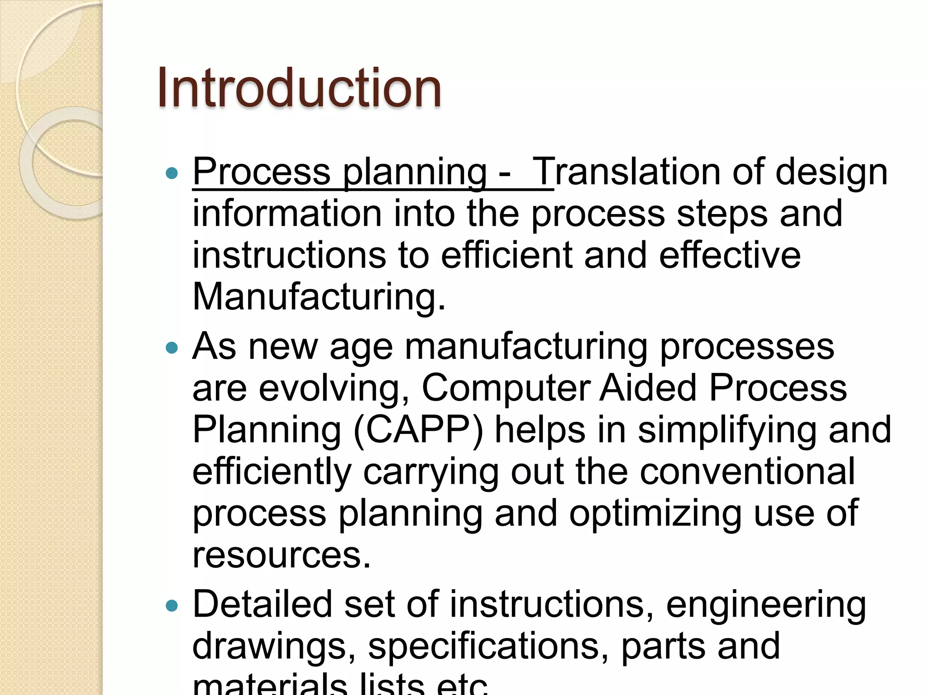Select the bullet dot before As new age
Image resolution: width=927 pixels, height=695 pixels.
tap(172, 347)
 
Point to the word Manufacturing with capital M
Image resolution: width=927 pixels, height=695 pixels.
tap(319, 297)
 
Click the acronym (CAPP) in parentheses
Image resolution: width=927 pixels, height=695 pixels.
tap(418, 430)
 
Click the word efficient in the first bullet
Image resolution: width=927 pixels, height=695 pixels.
tap(507, 255)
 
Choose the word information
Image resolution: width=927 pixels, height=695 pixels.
tap(287, 214)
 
